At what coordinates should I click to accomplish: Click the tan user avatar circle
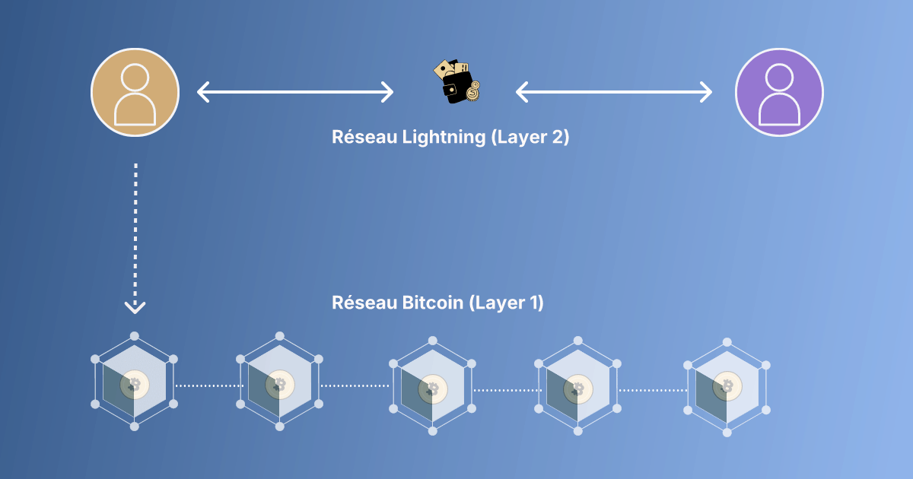(x=135, y=92)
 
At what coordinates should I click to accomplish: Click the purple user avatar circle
(x=779, y=92)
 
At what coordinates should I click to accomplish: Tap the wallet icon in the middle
(x=456, y=82)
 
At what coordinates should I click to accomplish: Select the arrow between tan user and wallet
(x=295, y=93)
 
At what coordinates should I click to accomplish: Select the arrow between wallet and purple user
(x=614, y=93)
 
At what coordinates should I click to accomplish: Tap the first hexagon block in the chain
(x=135, y=382)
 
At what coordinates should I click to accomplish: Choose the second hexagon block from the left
(x=279, y=382)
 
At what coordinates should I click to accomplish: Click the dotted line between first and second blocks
(x=208, y=386)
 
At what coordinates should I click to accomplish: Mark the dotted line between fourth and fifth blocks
(x=653, y=390)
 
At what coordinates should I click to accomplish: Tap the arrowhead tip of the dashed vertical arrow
(x=135, y=310)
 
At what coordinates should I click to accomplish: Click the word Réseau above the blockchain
(x=361, y=302)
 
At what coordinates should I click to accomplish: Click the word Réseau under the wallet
(x=361, y=137)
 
